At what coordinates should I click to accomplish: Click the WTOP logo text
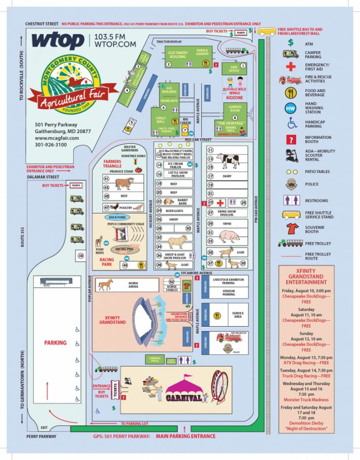[57, 41]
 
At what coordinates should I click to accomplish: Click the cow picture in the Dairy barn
[227, 161]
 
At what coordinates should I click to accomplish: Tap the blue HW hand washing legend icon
[290, 108]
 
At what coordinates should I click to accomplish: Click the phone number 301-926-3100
[51, 145]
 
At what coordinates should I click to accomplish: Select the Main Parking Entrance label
[185, 436]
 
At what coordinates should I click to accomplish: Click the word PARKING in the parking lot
[55, 342]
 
